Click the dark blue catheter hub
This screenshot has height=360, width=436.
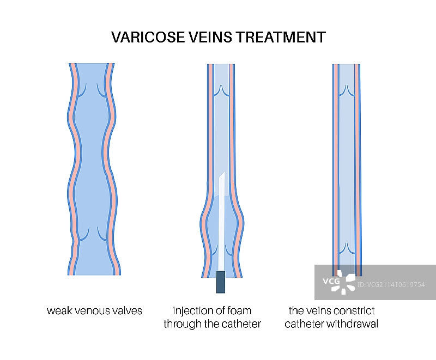click(x=221, y=282)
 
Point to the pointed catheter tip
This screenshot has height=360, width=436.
click(x=221, y=177)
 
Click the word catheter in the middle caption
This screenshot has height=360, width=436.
click(x=240, y=324)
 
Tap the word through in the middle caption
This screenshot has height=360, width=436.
click(x=183, y=324)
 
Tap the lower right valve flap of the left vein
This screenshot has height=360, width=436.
click(x=102, y=235)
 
